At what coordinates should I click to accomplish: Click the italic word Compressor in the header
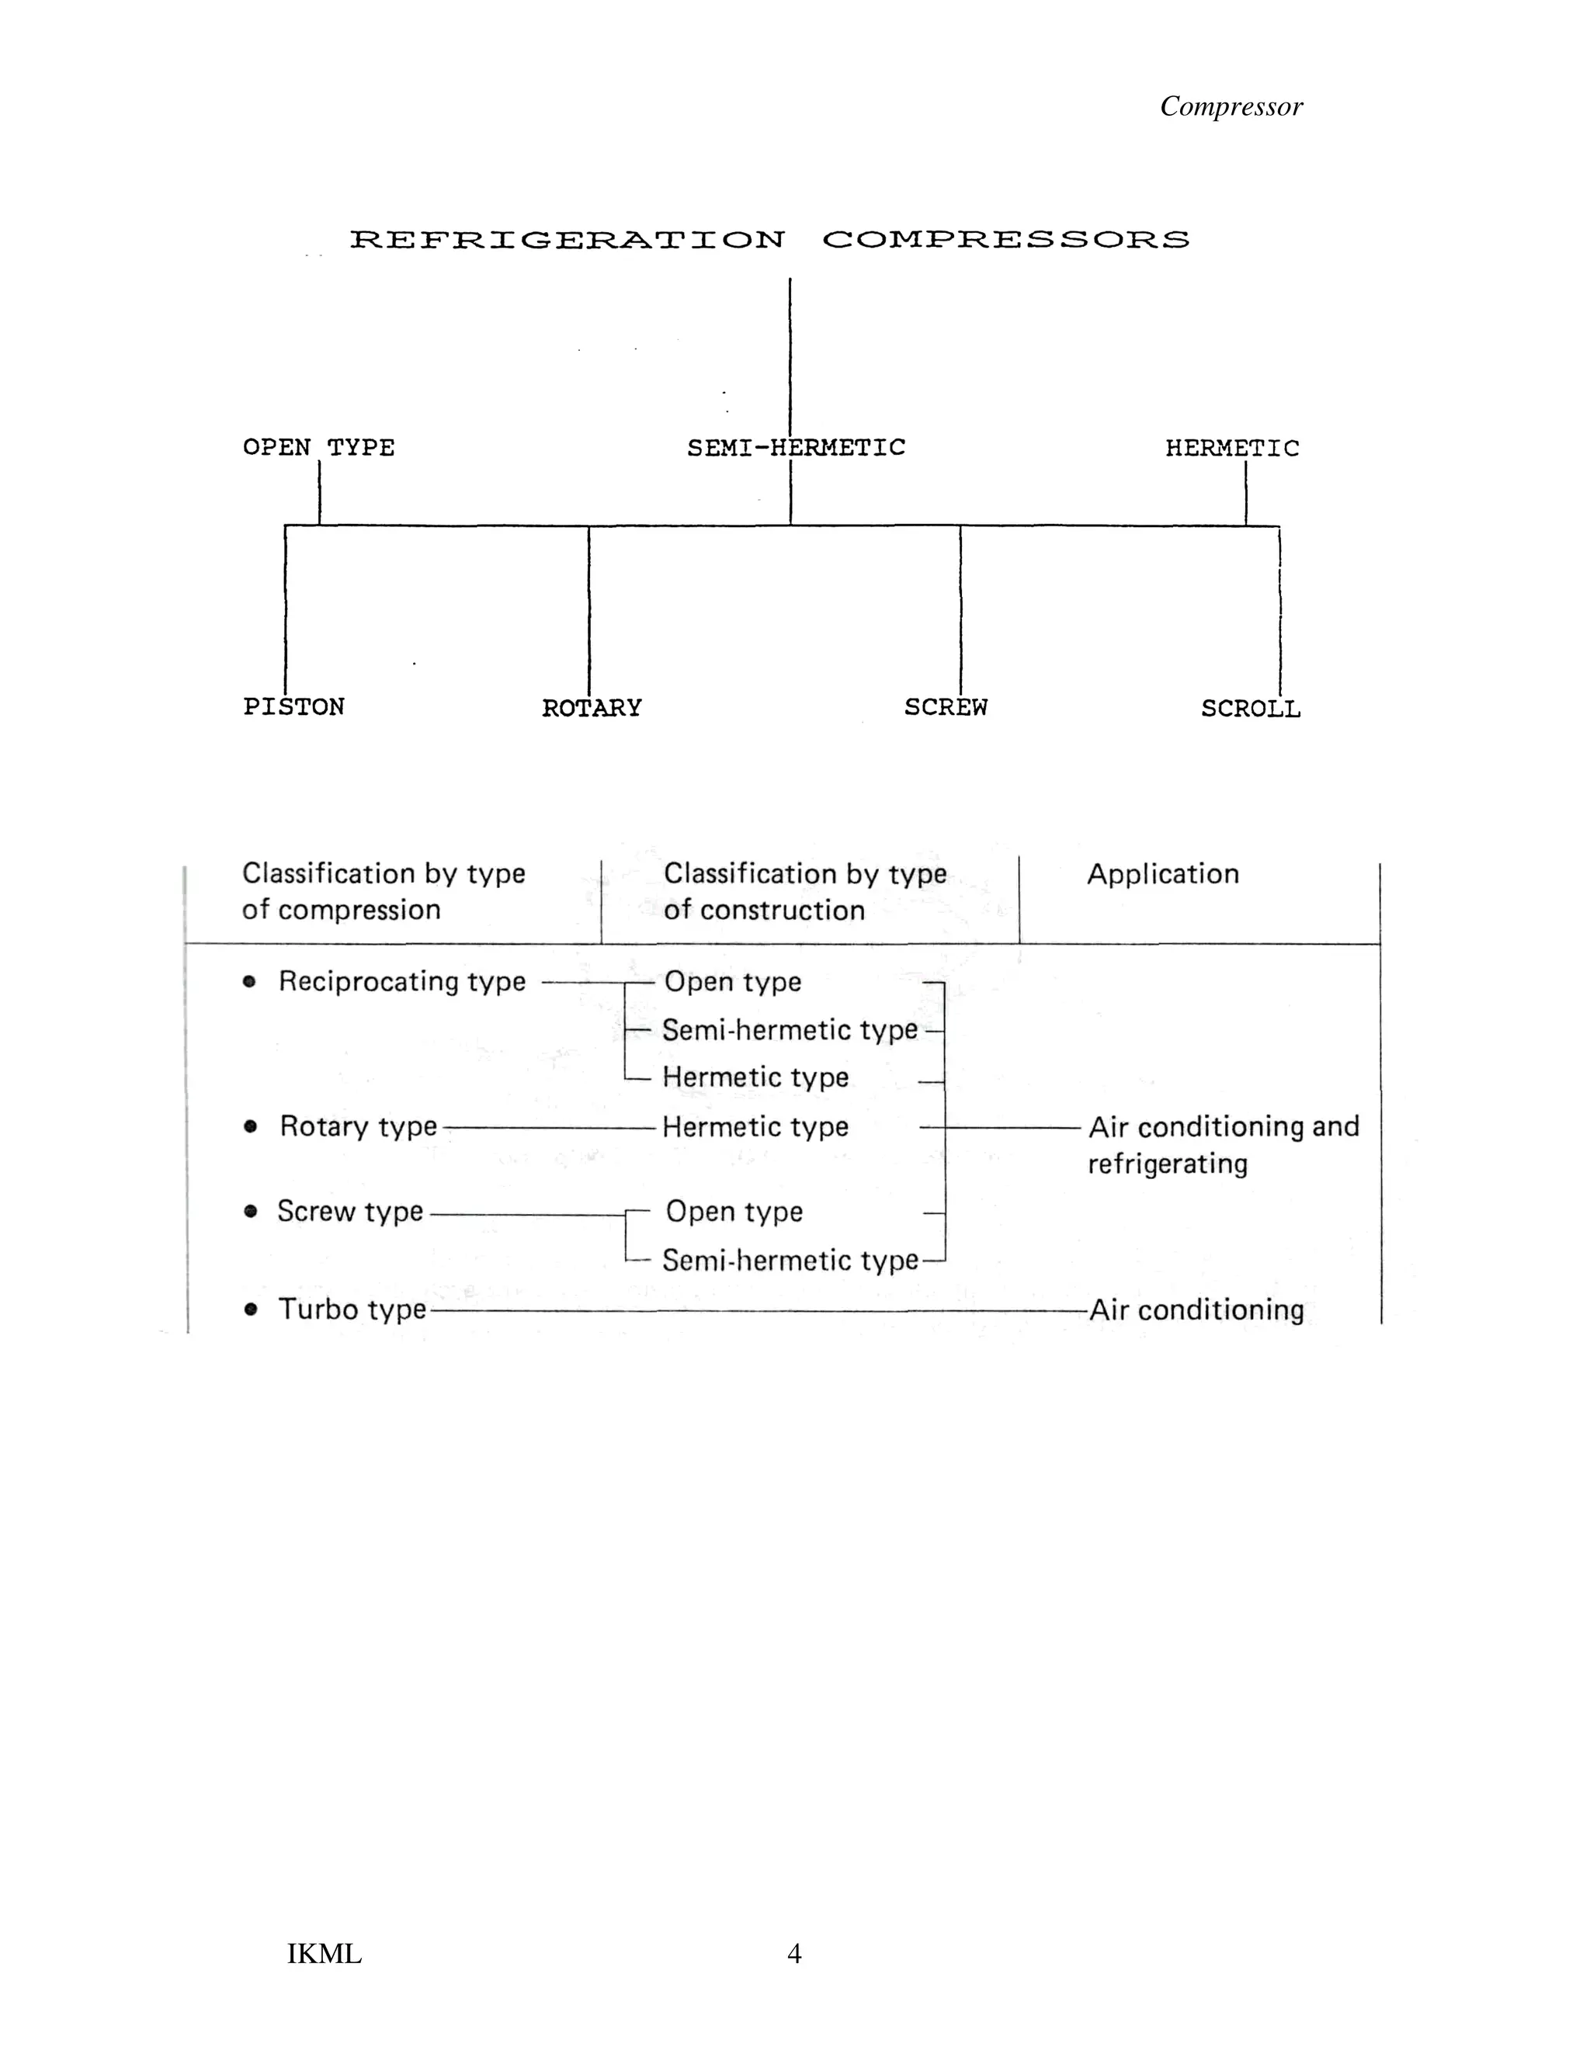tap(1231, 106)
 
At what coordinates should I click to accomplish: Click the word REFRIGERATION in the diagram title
tap(567, 239)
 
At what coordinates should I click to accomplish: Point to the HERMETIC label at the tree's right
tap(1231, 449)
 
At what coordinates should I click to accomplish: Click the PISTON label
tap(294, 706)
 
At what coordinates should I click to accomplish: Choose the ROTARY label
tap(592, 707)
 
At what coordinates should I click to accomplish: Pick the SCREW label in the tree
tap(945, 706)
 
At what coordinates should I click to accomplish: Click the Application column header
tap(1162, 874)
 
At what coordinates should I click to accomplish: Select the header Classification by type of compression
tap(383, 891)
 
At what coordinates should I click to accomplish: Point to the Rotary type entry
tap(358, 1126)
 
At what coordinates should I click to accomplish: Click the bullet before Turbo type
tap(251, 1309)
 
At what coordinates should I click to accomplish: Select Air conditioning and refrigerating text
tap(1223, 1144)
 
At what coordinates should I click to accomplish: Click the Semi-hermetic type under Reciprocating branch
tap(790, 1029)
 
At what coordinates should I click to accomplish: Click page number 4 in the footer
tap(794, 1954)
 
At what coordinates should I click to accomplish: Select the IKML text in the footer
tap(324, 1955)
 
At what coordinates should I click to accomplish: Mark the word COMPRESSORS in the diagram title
tap(1005, 239)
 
